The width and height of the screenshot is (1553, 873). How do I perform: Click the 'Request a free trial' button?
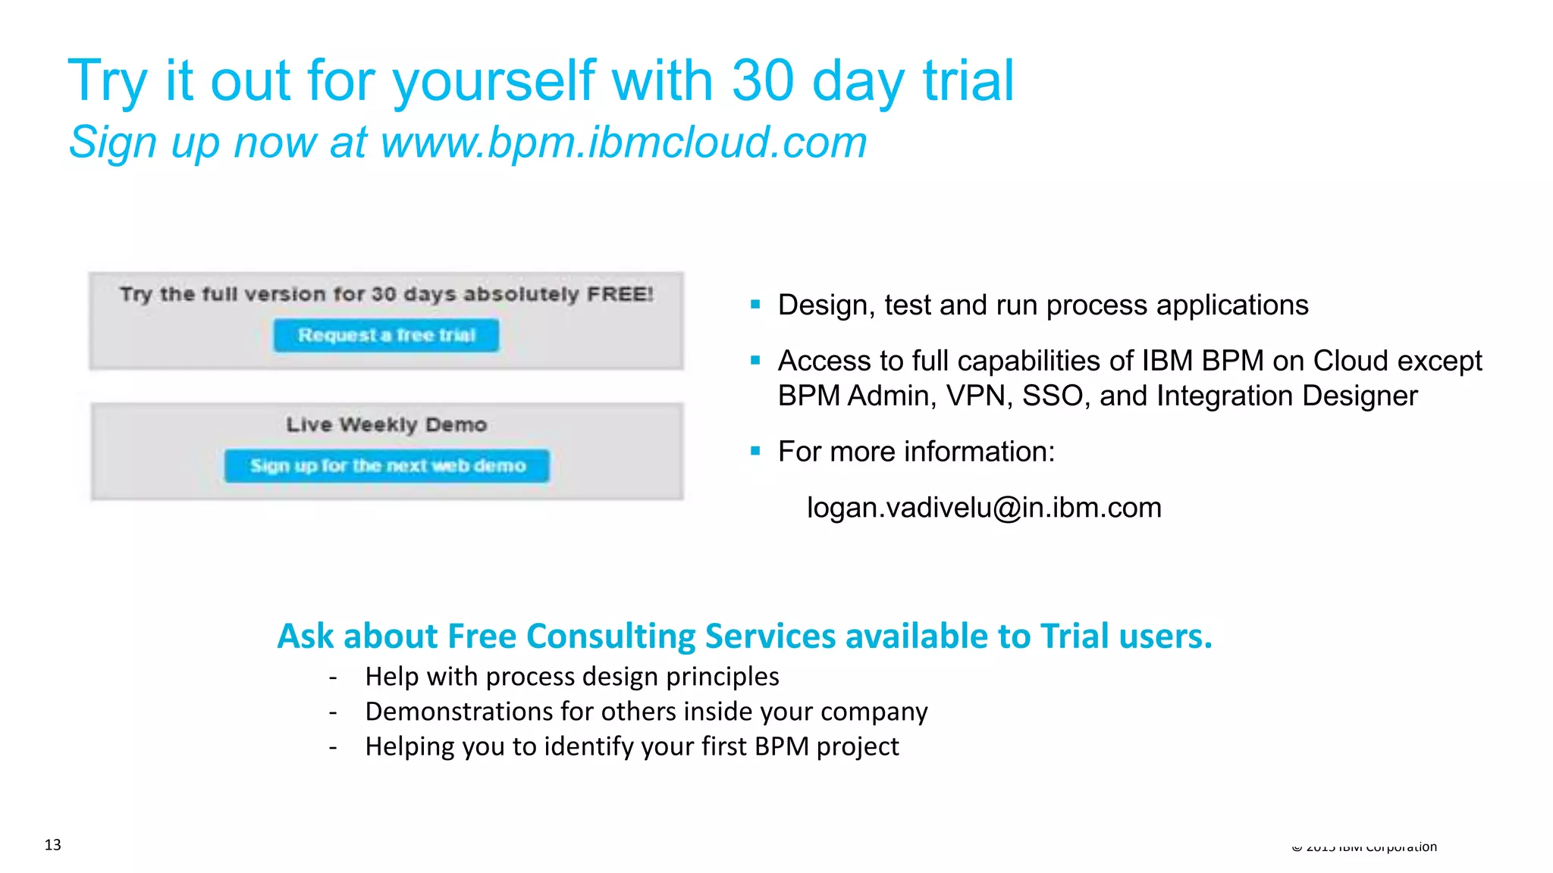[x=386, y=335]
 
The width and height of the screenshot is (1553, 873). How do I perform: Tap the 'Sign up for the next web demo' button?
[x=387, y=465]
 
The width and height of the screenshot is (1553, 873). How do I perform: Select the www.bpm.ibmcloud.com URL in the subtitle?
[x=623, y=142]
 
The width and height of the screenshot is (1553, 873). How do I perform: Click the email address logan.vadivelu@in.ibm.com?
[x=984, y=507]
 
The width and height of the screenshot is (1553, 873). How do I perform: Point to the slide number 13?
[x=53, y=845]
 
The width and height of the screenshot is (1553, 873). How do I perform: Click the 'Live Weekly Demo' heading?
[x=386, y=424]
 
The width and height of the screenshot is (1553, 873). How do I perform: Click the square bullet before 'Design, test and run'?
[x=755, y=305]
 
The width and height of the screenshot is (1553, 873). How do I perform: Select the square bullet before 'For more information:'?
[x=755, y=452]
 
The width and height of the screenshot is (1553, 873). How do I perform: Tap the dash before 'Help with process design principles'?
[x=333, y=677]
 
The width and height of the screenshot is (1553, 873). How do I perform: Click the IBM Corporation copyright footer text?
[x=1364, y=846]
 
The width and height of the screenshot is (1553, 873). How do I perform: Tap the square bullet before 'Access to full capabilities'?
[x=755, y=361]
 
